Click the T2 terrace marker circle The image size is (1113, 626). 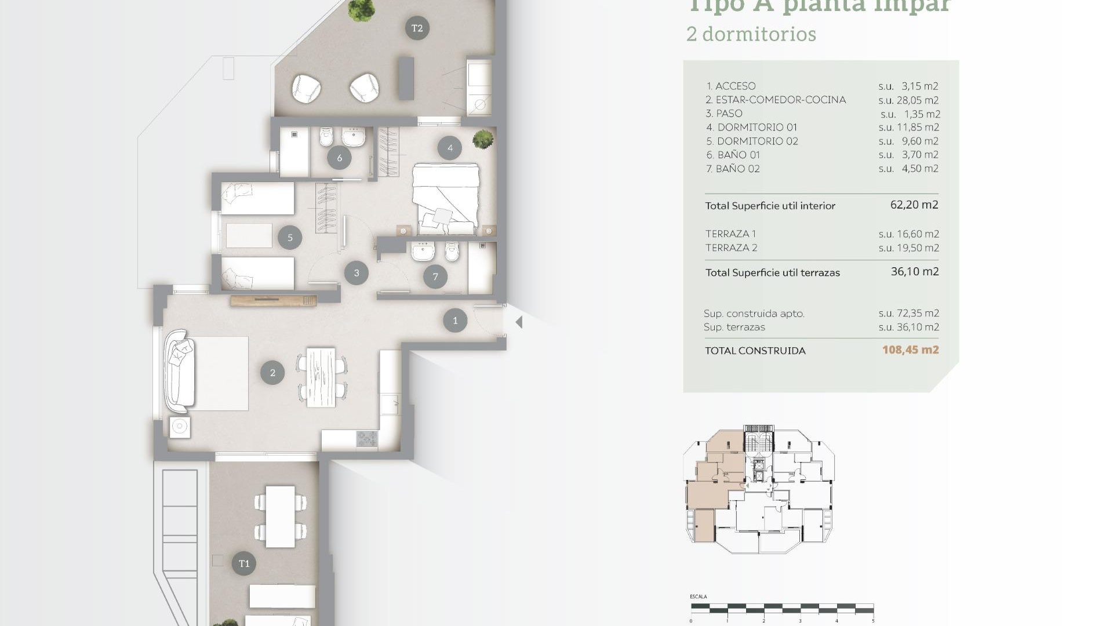click(417, 28)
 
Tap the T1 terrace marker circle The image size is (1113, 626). click(244, 563)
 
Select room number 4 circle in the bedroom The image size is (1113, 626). click(450, 148)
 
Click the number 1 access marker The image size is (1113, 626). click(455, 321)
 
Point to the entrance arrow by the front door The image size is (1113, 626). click(519, 322)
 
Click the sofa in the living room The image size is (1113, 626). click(179, 372)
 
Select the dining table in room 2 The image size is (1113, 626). click(321, 377)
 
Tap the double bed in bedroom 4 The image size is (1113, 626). click(446, 198)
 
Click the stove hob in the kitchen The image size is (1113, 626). click(366, 439)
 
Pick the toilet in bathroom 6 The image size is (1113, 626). click(326, 137)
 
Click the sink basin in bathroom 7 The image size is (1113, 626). click(423, 252)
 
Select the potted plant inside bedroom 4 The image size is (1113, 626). click(482, 139)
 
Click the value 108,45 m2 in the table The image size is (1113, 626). click(910, 350)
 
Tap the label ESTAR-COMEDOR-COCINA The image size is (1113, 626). click(780, 100)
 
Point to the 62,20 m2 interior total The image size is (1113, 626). click(914, 205)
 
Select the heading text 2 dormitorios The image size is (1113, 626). click(751, 34)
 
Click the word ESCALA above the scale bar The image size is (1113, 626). click(698, 596)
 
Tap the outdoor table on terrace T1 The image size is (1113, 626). click(280, 516)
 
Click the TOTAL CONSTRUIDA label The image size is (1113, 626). click(755, 351)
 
